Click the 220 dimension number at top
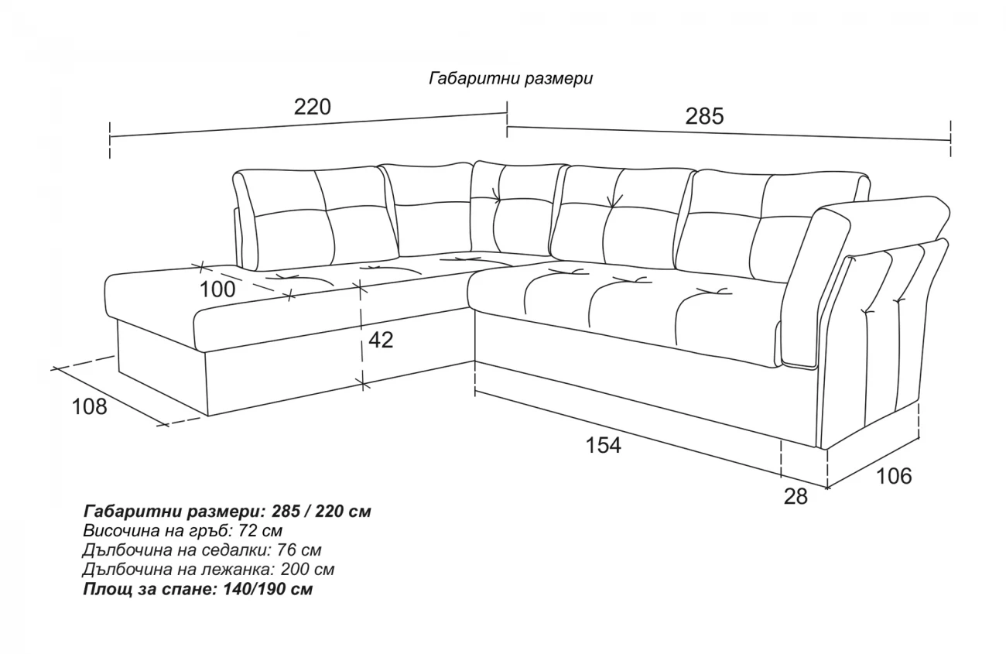point(313,108)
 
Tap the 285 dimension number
point(705,116)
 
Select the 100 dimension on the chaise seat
point(217,289)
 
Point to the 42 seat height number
point(381,340)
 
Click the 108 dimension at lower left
point(89,407)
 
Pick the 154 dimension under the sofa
point(603,445)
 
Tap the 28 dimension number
point(796,497)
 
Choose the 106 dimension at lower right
point(894,476)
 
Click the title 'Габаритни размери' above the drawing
point(511,79)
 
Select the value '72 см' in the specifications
point(261,531)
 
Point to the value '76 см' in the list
point(299,550)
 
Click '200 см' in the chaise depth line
point(308,570)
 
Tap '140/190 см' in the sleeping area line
point(268,589)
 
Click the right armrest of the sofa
point(876,314)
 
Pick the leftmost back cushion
point(314,219)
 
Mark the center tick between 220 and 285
point(507,119)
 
